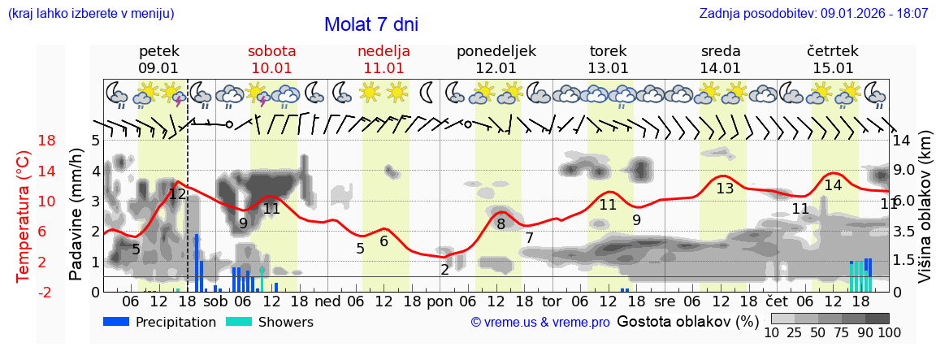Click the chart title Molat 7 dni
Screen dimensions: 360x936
[371, 24]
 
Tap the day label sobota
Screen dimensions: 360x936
[271, 51]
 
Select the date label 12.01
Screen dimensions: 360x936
[496, 68]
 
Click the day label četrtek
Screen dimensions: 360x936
[832, 51]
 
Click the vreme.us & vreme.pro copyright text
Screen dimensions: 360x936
[540, 323]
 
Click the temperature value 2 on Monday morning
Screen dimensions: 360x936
[445, 270]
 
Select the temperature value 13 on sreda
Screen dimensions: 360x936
[725, 189]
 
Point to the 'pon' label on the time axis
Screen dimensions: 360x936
[439, 301]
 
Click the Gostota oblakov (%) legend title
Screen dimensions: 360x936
[687, 322]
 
